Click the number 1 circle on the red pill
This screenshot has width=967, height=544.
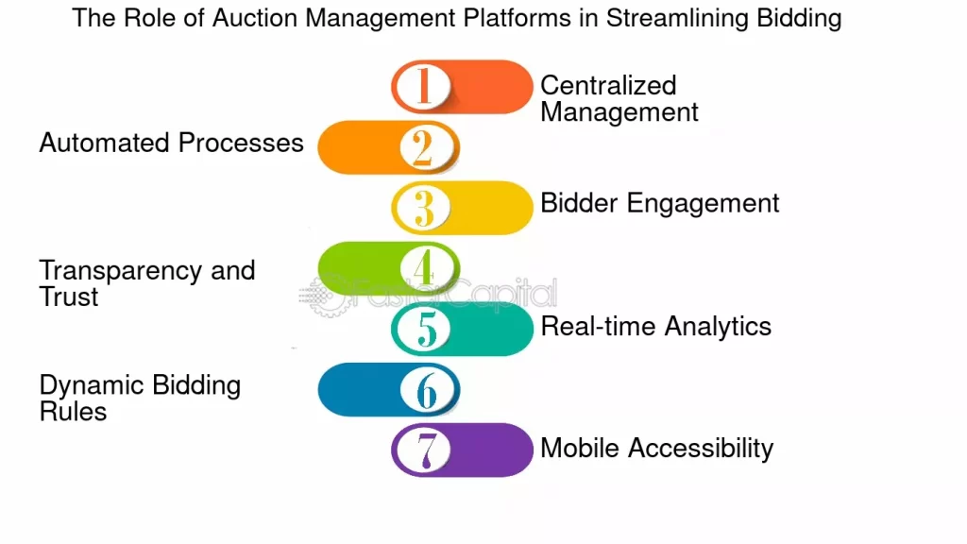(x=422, y=86)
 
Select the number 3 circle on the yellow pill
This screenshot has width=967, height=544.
(x=422, y=208)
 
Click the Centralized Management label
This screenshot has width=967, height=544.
(x=619, y=98)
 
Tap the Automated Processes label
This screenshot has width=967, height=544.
(x=172, y=144)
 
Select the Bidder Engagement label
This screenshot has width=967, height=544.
(x=660, y=204)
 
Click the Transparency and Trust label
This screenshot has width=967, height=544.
(x=146, y=283)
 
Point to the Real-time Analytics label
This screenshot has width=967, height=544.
(x=656, y=326)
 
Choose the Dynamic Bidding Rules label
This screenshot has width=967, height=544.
(x=140, y=398)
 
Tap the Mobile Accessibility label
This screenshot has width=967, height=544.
(x=657, y=449)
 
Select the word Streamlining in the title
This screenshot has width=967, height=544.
(x=678, y=19)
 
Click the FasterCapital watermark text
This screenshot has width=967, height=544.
(x=453, y=293)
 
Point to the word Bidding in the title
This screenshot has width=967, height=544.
(x=799, y=19)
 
